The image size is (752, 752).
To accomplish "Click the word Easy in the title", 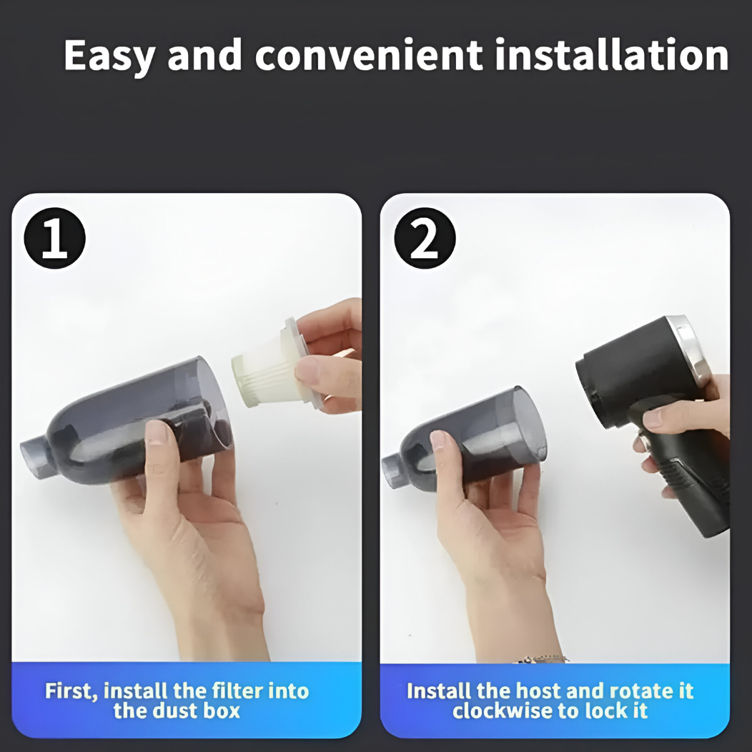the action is [x=109, y=56].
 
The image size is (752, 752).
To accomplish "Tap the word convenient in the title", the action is [x=369, y=55].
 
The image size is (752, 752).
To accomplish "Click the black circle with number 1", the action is [x=54, y=238].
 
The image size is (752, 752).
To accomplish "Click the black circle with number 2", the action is [x=425, y=238].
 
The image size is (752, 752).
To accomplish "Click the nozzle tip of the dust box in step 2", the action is [x=390, y=472].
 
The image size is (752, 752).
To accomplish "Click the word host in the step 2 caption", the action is [x=538, y=691].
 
